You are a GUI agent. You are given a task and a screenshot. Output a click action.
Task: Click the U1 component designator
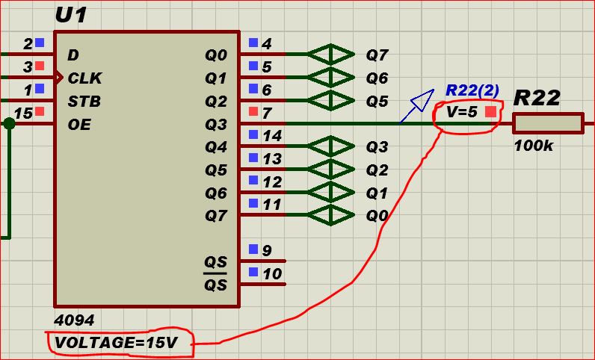click(x=71, y=15)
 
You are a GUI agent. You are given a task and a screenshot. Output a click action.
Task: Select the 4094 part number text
click(x=75, y=320)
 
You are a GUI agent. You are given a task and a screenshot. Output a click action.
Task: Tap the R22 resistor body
click(x=548, y=124)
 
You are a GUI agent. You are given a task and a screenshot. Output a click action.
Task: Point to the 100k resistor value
click(x=533, y=146)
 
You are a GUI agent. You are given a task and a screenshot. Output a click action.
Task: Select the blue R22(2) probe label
click(x=472, y=90)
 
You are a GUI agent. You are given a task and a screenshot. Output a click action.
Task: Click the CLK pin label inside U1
click(x=84, y=78)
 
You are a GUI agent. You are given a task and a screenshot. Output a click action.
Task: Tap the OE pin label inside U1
click(x=78, y=125)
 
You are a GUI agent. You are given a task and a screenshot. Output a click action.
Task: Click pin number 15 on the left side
click(x=23, y=114)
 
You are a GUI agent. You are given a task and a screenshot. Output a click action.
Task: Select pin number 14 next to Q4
click(x=272, y=136)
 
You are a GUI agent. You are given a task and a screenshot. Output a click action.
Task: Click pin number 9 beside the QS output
click(x=267, y=251)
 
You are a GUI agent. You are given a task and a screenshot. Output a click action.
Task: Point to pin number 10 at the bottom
click(x=272, y=274)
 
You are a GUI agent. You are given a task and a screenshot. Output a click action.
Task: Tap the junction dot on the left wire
click(x=9, y=124)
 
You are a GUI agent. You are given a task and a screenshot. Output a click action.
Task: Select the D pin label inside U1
click(x=73, y=55)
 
